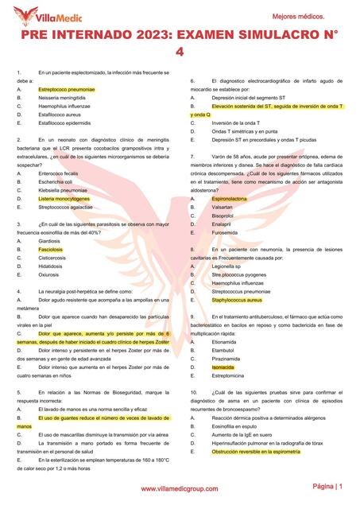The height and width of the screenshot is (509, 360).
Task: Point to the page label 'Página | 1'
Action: point(327,486)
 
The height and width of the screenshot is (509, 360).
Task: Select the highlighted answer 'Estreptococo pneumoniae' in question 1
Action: point(67,90)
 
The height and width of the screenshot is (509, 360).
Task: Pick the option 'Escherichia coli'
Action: point(56,181)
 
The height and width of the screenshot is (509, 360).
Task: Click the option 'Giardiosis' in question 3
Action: point(50,240)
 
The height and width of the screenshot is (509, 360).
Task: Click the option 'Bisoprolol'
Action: point(223,215)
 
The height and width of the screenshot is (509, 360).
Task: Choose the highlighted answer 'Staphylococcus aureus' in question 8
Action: point(237,300)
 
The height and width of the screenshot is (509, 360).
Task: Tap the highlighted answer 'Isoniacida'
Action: point(223,367)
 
